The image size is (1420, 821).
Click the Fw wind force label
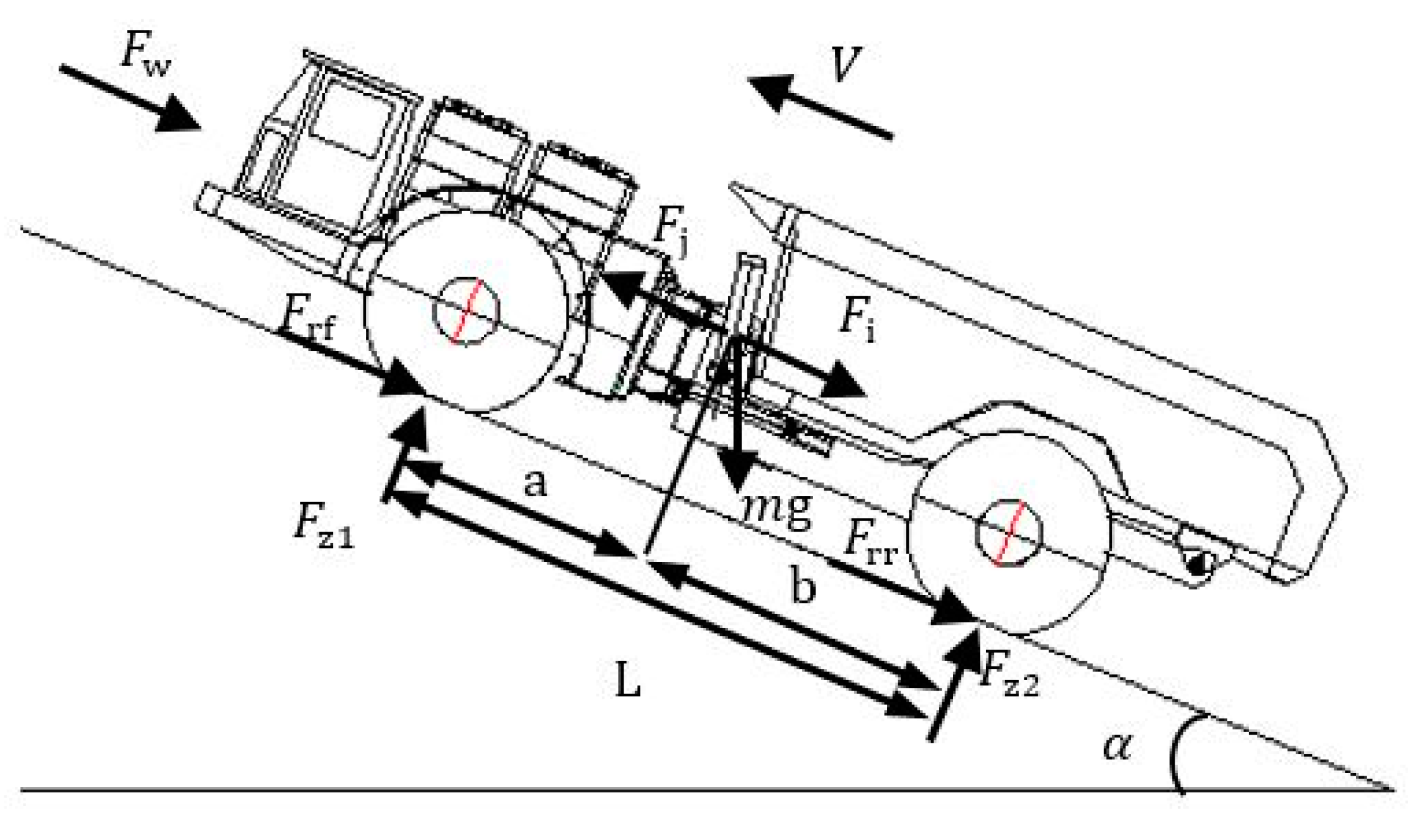click(x=145, y=53)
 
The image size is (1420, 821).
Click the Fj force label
click(x=671, y=230)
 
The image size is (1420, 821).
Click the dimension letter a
click(x=535, y=483)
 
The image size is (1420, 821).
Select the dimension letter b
click(x=803, y=586)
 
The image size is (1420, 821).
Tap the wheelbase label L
click(x=627, y=680)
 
